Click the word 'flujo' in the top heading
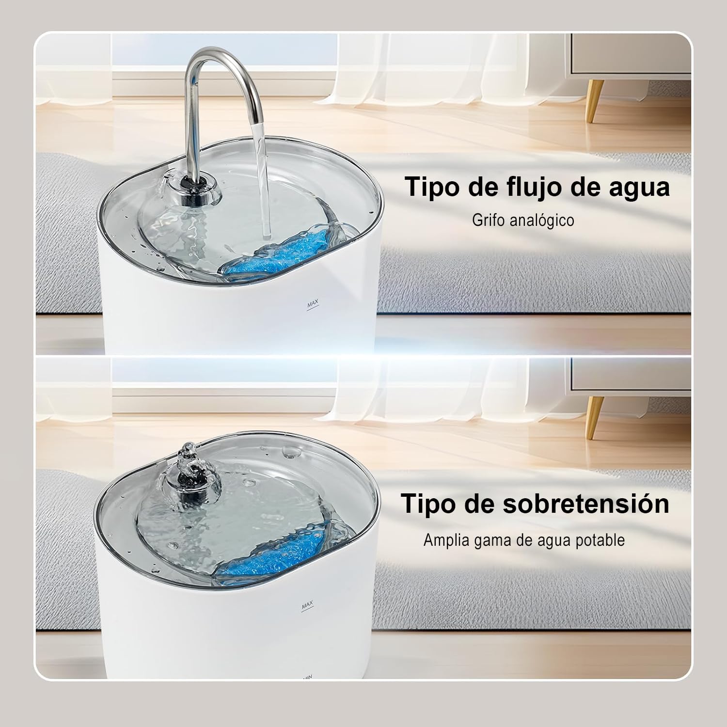[x=523, y=188]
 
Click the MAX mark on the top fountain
[x=313, y=304]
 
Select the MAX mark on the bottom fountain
[x=307, y=605]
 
